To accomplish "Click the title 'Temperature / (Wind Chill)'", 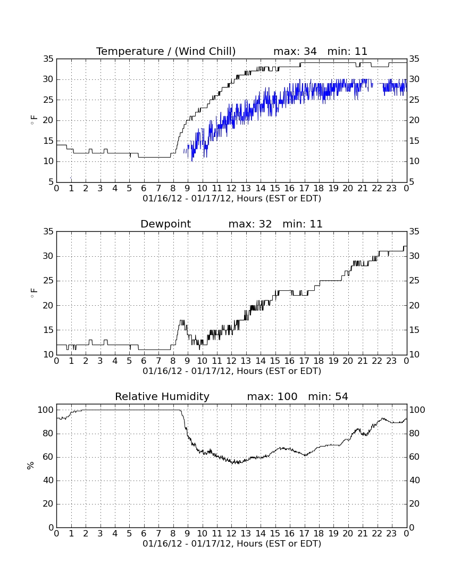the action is click(x=166, y=51).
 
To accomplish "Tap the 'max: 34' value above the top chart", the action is click(x=295, y=51).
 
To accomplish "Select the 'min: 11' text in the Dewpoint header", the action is click(x=303, y=224).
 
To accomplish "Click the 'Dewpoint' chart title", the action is click(x=165, y=224).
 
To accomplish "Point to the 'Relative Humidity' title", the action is click(x=162, y=396).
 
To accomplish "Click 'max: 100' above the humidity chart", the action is click(x=272, y=396).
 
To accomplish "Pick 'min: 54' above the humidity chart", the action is click(x=328, y=396).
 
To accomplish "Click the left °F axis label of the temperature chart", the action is click(x=34, y=120).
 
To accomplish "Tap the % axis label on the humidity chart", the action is click(x=31, y=466).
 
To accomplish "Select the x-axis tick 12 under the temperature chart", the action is click(x=231, y=189).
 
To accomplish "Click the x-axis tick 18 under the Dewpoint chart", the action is click(x=319, y=361).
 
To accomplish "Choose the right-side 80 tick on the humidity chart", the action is click(x=415, y=434).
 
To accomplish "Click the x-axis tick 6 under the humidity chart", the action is click(x=144, y=534).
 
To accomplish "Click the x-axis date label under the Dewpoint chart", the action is click(x=232, y=371).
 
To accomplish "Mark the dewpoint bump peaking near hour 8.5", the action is click(x=182, y=321).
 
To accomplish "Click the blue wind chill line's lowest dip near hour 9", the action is click(x=191, y=161).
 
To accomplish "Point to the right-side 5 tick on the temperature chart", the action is click(x=412, y=182).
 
